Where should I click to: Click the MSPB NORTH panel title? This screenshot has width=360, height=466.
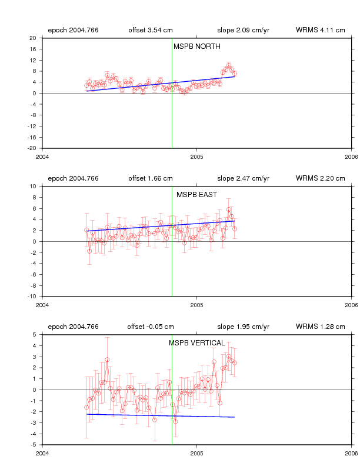click(197, 46)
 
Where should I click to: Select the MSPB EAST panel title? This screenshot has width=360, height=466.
click(196, 195)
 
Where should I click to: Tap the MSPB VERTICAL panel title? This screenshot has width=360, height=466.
click(197, 343)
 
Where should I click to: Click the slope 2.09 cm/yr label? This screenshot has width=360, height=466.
click(244, 30)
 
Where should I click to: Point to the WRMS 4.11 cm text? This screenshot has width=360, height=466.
click(321, 30)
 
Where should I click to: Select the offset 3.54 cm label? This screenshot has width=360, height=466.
click(151, 30)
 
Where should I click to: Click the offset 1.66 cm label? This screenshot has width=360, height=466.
click(151, 178)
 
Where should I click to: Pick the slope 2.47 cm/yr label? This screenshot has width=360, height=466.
click(244, 178)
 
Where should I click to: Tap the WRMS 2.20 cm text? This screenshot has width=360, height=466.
click(321, 178)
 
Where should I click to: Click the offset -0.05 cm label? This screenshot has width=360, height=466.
click(151, 327)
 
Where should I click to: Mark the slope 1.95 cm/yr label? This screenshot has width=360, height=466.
click(244, 327)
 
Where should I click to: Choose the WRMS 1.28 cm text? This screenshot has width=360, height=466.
click(321, 327)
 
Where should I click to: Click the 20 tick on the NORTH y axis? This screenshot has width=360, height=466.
click(33, 38)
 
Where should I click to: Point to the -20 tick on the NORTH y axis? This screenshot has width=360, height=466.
click(32, 148)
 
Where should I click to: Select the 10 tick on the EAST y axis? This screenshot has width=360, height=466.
click(33, 187)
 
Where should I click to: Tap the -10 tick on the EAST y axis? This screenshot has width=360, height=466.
click(32, 297)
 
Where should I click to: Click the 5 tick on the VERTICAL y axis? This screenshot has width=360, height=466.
click(35, 335)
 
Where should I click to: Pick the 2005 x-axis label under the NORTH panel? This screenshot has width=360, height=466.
click(197, 157)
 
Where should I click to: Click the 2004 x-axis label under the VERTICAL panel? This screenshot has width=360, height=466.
click(42, 453)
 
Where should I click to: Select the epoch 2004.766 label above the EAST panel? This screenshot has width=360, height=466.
click(74, 178)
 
